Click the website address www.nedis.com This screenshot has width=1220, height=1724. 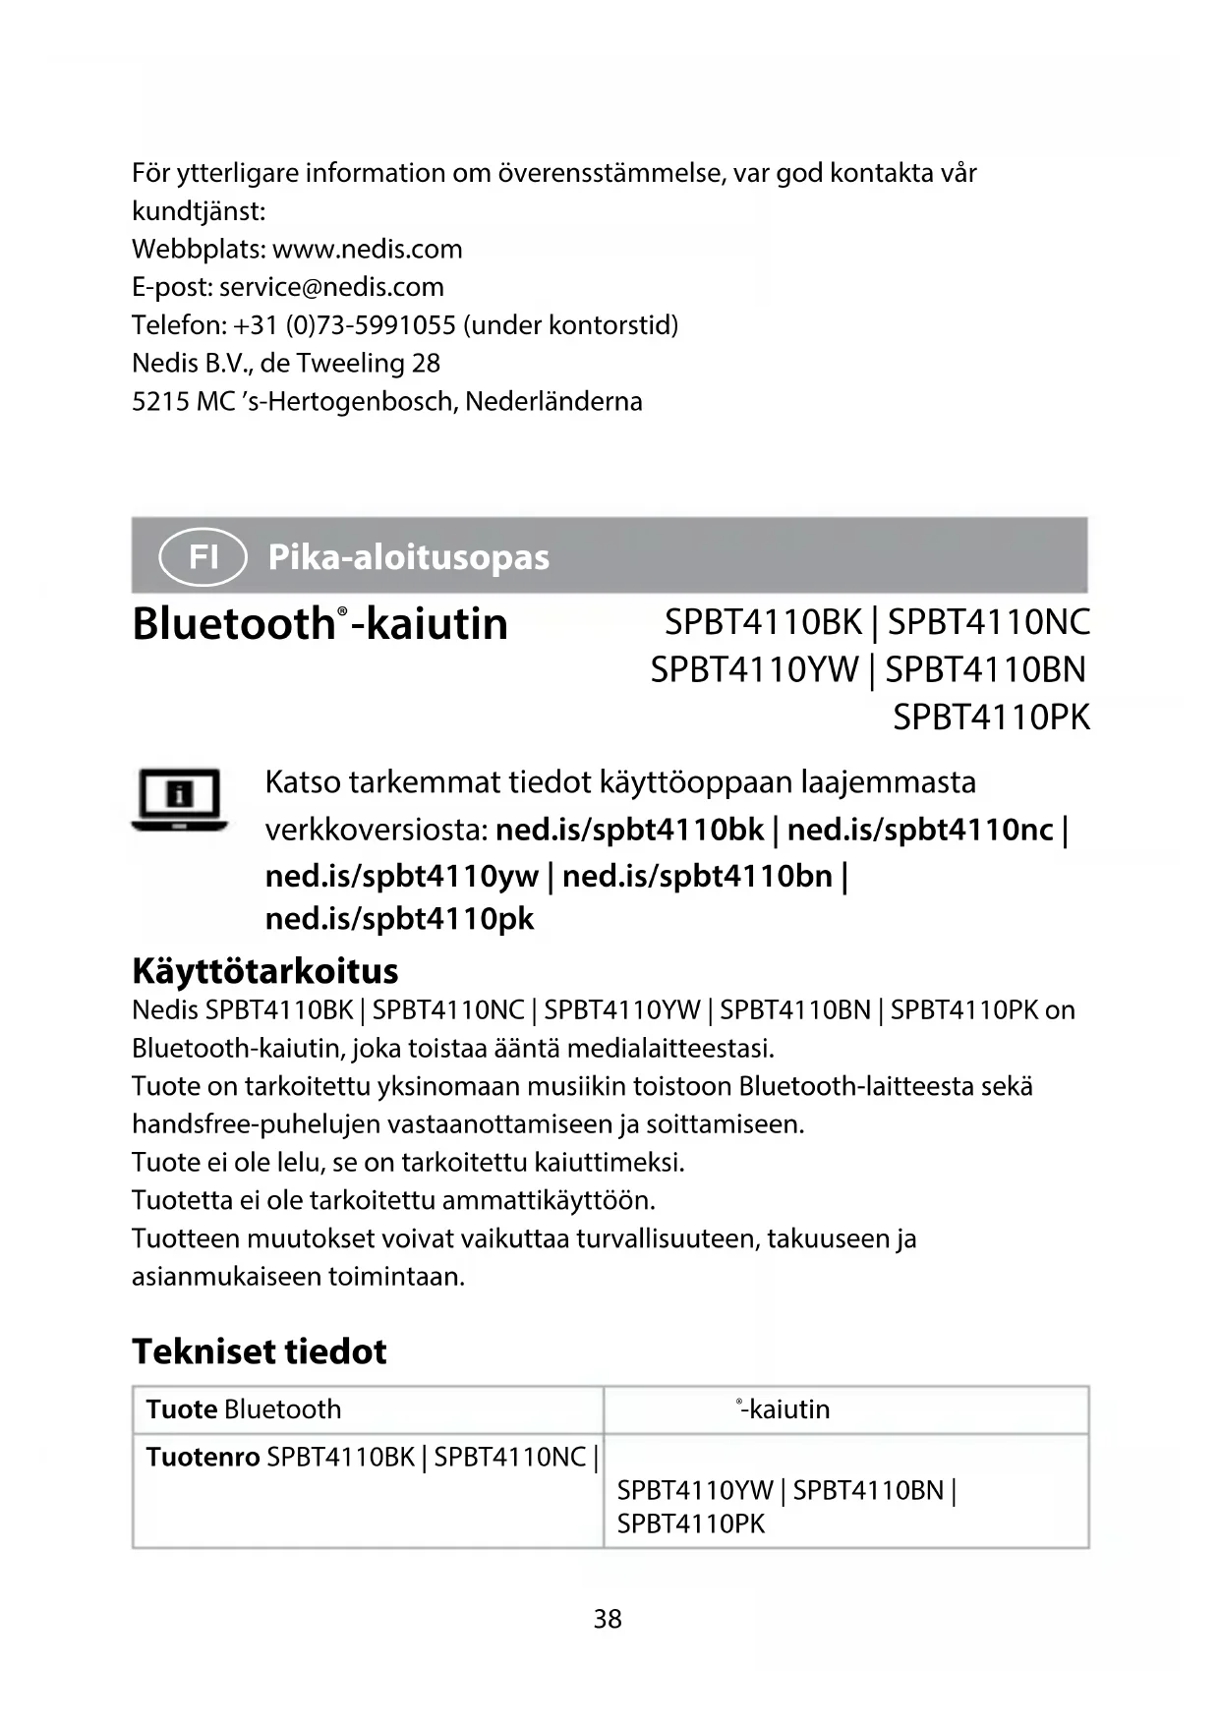[367, 249]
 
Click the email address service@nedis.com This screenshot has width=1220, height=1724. [331, 287]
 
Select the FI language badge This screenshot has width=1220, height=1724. [203, 556]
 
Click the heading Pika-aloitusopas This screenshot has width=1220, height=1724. [408, 557]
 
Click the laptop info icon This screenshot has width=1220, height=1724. [179, 799]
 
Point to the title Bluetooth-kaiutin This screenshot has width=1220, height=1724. [320, 624]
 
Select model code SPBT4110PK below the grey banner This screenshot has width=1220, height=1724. [991, 718]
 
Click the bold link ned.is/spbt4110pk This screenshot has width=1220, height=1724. [399, 919]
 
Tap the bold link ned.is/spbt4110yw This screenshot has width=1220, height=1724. [401, 875]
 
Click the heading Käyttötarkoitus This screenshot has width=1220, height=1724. [264, 971]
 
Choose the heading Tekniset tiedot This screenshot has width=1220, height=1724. [260, 1351]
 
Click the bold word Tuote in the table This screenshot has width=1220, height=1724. [181, 1409]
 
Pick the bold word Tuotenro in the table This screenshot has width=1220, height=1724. [203, 1457]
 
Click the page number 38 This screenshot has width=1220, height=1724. [608, 1619]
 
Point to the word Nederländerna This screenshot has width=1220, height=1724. [553, 402]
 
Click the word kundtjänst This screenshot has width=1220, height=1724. [198, 211]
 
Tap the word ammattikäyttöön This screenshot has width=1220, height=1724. [549, 1201]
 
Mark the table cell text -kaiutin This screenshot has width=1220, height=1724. [785, 1409]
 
